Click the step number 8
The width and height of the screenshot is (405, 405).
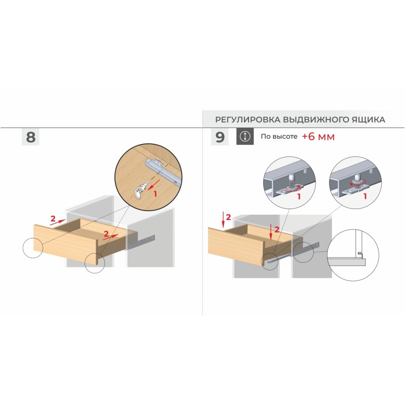point(30,137)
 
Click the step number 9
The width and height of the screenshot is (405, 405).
point(220,137)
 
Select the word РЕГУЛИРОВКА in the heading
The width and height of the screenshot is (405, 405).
point(248,119)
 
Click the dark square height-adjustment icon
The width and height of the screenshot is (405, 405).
point(245,136)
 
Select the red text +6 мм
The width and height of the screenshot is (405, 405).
point(318,136)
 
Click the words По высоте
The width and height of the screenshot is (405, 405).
point(279,136)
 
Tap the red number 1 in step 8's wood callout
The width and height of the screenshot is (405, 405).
point(155,194)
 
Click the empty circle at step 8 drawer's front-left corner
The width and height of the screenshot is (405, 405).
point(32,248)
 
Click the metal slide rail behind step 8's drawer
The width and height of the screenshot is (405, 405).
point(141,242)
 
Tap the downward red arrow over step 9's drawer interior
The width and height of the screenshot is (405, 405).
point(270,232)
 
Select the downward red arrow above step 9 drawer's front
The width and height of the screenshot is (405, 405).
point(223,220)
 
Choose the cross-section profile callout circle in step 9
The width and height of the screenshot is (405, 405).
point(353,255)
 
